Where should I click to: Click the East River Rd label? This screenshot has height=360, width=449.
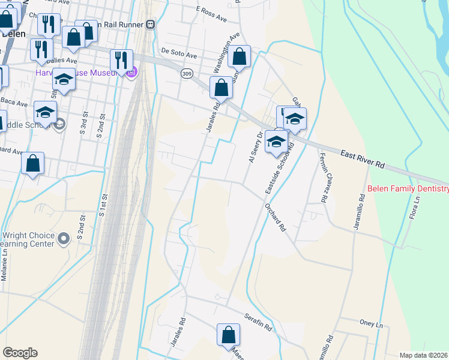coord(363,161)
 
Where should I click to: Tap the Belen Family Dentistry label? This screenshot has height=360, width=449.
coord(408,189)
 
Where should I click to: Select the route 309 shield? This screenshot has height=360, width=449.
coord(187,73)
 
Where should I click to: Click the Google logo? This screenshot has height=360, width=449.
coord(20,353)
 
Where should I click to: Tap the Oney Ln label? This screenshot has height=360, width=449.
coord(370,324)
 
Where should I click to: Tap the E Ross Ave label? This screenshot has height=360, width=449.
coord(211,14)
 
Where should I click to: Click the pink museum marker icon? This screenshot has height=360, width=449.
coord(132,73)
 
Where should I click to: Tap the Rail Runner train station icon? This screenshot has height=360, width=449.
coord(151,25)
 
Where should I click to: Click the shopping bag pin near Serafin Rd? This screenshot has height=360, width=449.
coord(228,334)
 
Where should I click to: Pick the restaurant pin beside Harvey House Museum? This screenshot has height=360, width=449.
coord(121,59)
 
